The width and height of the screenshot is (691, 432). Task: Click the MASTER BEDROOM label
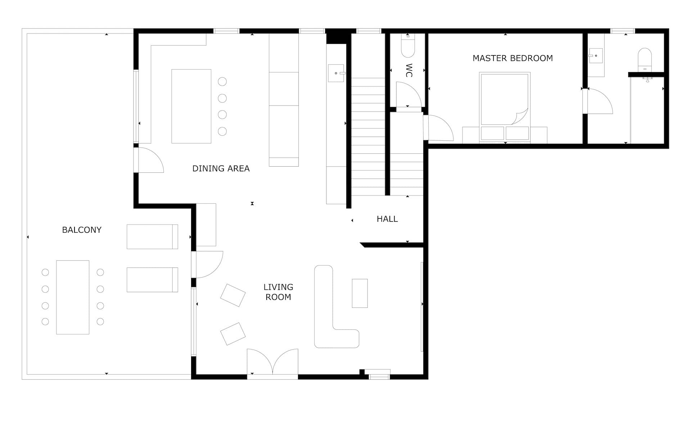tap(512, 58)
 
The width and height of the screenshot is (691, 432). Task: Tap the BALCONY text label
tap(82, 230)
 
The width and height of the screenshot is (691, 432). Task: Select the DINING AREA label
tap(221, 168)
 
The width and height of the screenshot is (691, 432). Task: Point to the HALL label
tap(387, 219)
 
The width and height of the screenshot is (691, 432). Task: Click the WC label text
tap(409, 71)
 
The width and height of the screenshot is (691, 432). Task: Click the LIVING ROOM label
tap(278, 292)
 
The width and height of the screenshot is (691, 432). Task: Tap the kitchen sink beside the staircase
tap(335, 73)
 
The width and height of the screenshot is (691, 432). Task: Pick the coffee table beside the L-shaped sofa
tap(360, 293)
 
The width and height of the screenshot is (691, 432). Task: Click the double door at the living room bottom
tap(272, 362)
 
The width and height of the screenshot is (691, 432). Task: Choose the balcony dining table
tap(73, 297)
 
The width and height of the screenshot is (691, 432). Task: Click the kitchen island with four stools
tap(191, 106)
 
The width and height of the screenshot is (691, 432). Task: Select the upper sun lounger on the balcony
tap(152, 237)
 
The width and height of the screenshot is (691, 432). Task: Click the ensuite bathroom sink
tap(596, 56)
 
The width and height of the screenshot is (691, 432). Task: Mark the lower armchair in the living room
tap(232, 334)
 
